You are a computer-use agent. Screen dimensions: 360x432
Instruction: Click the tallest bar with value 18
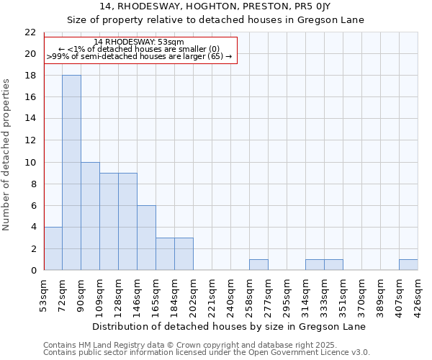[71, 173]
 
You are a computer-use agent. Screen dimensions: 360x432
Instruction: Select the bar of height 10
[90, 216]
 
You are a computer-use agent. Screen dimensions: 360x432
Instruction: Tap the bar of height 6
[146, 238]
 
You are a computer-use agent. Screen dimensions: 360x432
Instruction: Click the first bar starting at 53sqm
[53, 248]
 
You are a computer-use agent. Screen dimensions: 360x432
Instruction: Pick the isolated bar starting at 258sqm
[258, 265]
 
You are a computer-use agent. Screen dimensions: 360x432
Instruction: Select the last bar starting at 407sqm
[408, 265]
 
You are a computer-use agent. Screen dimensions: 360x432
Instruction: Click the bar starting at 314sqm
[315, 265]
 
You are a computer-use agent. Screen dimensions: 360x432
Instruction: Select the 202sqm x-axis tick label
[194, 293]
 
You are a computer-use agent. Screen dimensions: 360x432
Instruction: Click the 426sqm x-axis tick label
[418, 293]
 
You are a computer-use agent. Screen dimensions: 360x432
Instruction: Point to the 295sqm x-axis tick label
[287, 293]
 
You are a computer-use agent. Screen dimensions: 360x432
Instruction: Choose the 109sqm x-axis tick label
[100, 293]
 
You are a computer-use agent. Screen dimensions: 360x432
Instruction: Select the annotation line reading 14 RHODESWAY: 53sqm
[140, 42]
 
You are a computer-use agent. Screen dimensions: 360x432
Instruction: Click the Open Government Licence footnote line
[207, 353]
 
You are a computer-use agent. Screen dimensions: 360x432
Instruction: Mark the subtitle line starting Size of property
[215, 20]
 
